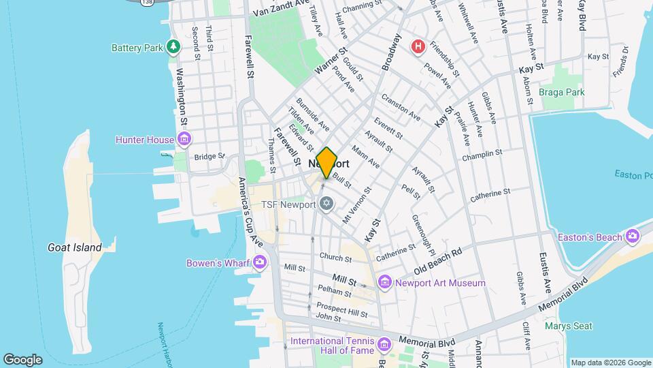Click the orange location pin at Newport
pos(326,162)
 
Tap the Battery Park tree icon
pos(175,47)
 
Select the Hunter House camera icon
pos(184,140)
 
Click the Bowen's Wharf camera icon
pos(259,263)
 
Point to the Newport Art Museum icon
pos(385,282)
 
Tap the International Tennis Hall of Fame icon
pos(385,342)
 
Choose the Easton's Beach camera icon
pos(633,236)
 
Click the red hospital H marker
pos(418,46)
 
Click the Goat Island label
pos(75,247)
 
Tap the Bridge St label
pos(210,157)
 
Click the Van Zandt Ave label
pos(280,10)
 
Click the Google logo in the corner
pos(22,359)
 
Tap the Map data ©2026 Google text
pos(609,363)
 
